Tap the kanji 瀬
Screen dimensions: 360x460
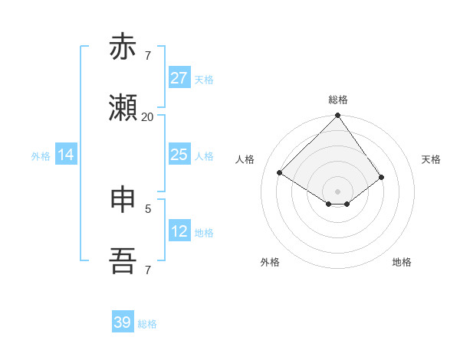tap(123, 109)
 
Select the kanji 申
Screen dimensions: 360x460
tap(123, 200)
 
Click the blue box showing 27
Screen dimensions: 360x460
tap(179, 78)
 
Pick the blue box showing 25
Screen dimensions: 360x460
tap(179, 155)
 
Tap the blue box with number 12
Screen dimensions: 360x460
tap(179, 231)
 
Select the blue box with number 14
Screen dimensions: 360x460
tap(66, 155)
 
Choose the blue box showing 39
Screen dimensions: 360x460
tap(123, 322)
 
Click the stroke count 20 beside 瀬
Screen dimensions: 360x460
tap(147, 117)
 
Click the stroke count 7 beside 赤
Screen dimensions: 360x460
tap(148, 56)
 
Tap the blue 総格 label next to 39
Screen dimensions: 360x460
tap(147, 324)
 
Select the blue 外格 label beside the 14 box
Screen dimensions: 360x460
tap(41, 156)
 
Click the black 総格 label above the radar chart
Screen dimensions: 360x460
tap(338, 100)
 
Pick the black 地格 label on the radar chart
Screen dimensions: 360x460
tap(402, 262)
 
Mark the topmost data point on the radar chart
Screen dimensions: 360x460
tap(338, 116)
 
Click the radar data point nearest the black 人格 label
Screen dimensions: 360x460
tap(280, 173)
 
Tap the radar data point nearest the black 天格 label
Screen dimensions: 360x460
tap(382, 177)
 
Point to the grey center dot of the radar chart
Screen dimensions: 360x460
tap(338, 191)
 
